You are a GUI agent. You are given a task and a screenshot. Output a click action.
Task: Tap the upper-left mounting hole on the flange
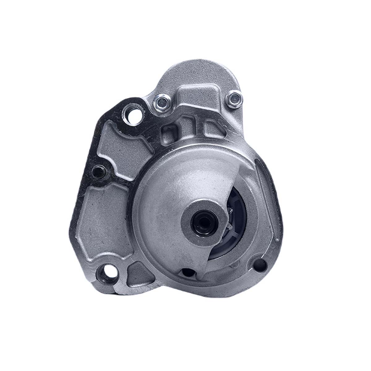133,114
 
